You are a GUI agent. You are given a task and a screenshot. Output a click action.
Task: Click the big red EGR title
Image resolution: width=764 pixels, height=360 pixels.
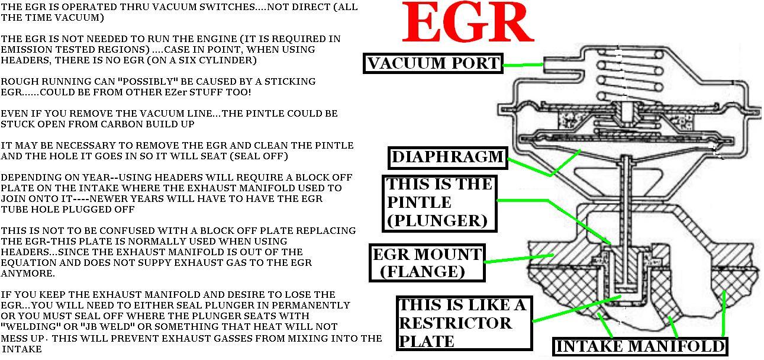coord(468,24)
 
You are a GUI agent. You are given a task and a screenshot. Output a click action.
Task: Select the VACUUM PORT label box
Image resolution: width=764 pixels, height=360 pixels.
coord(433,63)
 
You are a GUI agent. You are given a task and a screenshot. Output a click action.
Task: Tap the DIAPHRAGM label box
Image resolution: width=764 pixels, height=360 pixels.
coord(447,157)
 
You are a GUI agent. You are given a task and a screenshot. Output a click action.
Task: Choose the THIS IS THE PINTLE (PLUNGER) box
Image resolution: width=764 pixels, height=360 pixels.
coord(439,202)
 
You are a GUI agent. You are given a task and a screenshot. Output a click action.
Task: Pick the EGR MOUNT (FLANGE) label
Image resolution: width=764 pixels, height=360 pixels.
coord(426,262)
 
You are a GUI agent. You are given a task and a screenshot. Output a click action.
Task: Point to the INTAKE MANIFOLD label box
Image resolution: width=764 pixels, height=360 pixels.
coord(640,346)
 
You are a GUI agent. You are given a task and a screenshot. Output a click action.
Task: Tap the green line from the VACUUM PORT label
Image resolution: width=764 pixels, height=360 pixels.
coord(522,64)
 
